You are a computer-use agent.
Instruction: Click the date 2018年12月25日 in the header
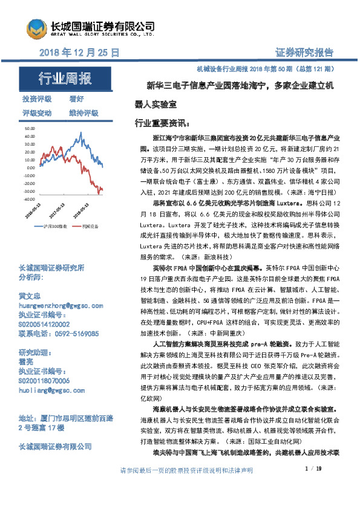[x=79, y=53]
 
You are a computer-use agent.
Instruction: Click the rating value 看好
[x=76, y=99]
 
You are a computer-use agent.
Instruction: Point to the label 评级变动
[x=37, y=112]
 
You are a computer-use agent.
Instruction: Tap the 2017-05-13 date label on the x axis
[x=56, y=211]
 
